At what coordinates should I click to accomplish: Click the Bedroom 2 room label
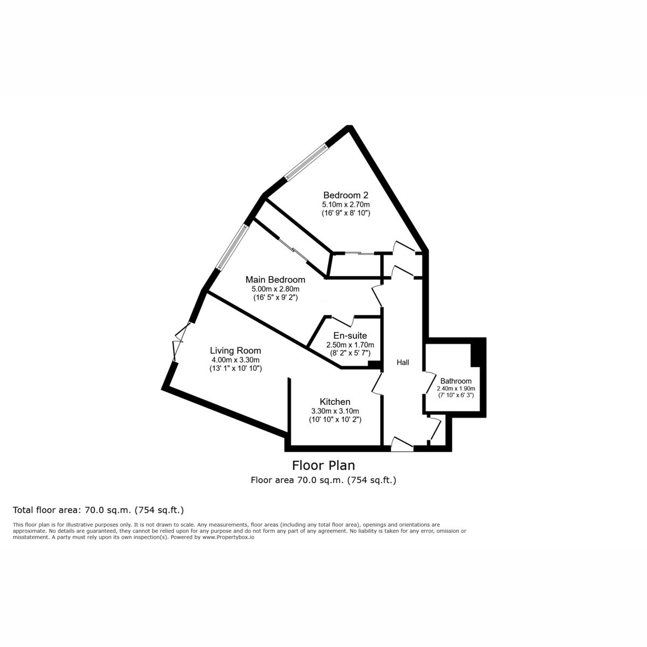pyautogui.click(x=346, y=195)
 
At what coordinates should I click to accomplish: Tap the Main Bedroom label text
pyautogui.click(x=275, y=280)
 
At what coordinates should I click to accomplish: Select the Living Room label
pyautogui.click(x=235, y=351)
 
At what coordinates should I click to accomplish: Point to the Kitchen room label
pyautogui.click(x=335, y=402)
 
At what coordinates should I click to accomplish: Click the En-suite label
pyautogui.click(x=350, y=336)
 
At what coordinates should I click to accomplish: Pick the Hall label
pyautogui.click(x=403, y=363)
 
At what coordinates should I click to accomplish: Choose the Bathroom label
pyautogui.click(x=456, y=381)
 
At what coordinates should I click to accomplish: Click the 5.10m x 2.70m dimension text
pyautogui.click(x=346, y=205)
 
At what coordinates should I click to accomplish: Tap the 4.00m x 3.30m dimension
pyautogui.click(x=235, y=360)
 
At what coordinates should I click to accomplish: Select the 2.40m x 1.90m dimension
pyautogui.click(x=456, y=388)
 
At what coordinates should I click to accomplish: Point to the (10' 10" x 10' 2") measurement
pyautogui.click(x=335, y=419)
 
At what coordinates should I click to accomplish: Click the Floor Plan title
pyautogui.click(x=323, y=465)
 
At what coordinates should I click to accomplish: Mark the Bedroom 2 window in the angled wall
pyautogui.click(x=306, y=163)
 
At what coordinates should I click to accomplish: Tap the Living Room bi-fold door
pyautogui.click(x=180, y=340)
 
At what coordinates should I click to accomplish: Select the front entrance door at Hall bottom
pyautogui.click(x=402, y=445)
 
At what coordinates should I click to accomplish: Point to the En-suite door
pyautogui.click(x=342, y=320)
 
